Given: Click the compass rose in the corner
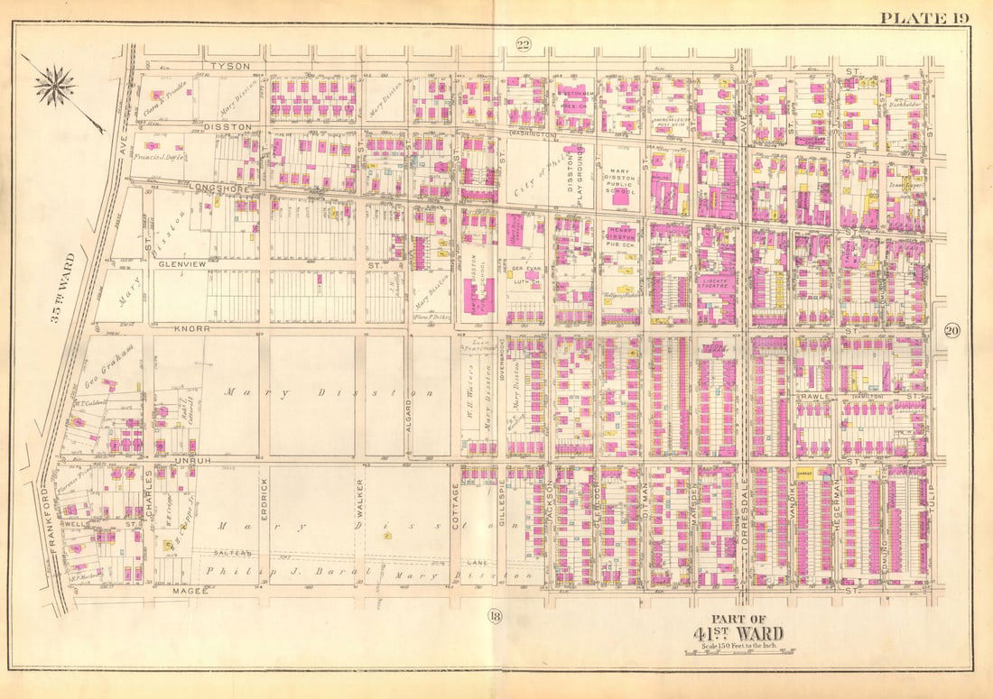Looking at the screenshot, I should tap(57, 86).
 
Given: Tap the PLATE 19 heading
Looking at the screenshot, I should tap(923, 17).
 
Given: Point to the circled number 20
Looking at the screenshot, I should tap(951, 331).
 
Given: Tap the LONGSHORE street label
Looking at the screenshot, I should tap(213, 188).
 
